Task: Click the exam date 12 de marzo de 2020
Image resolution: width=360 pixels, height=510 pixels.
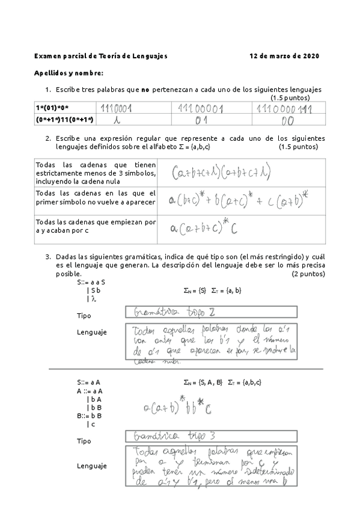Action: pyautogui.click(x=284, y=56)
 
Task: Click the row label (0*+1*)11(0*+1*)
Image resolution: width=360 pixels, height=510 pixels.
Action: pyautogui.click(x=65, y=119)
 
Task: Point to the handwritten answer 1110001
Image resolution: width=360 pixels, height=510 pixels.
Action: pyautogui.click(x=117, y=108)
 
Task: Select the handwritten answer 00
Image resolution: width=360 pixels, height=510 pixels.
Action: pyautogui.click(x=287, y=120)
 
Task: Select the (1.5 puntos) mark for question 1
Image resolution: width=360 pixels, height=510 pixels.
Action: pyautogui.click(x=290, y=97)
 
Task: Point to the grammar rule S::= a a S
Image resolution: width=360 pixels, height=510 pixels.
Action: pyautogui.click(x=91, y=281)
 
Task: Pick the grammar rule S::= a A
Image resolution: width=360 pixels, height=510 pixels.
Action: pyautogui.click(x=88, y=382)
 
